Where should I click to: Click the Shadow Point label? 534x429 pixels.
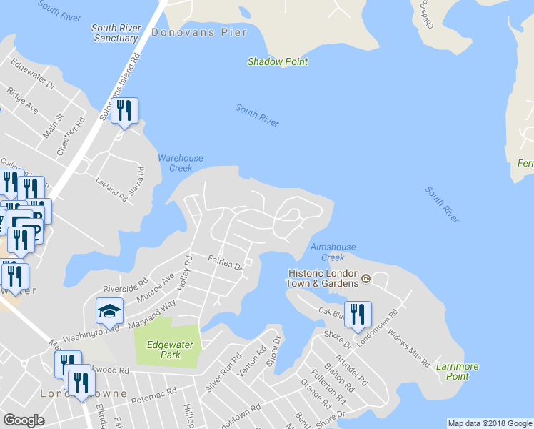tap(278, 61)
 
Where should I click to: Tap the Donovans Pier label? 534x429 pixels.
tap(199, 32)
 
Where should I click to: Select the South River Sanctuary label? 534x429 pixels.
tap(114, 33)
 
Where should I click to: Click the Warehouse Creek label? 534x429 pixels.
tap(181, 163)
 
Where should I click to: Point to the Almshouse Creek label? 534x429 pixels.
tap(328, 252)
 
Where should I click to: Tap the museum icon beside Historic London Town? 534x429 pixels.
tap(366, 278)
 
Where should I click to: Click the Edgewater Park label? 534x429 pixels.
tap(168, 349)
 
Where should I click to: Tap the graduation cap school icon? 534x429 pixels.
tap(109, 310)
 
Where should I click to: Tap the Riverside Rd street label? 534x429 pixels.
tap(125, 285)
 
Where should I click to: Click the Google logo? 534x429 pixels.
tap(24, 420)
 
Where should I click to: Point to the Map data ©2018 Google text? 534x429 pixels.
tap(489, 423)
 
